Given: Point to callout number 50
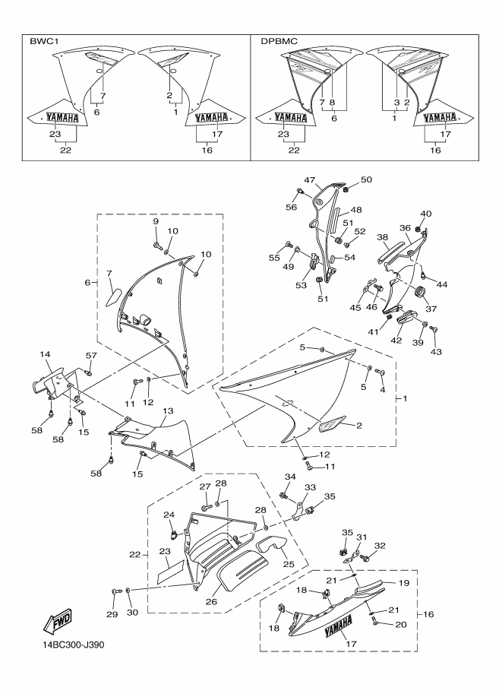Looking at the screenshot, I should pyautogui.click(x=367, y=180).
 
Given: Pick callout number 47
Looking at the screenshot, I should pyautogui.click(x=310, y=180).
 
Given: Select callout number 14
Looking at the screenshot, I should pyautogui.click(x=45, y=355).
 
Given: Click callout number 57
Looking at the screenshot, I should pyautogui.click(x=91, y=356).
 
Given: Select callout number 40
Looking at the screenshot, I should pyautogui.click(x=426, y=214).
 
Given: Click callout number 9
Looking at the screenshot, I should pyautogui.click(x=156, y=220).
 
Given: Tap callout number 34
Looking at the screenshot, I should pyautogui.click(x=289, y=477).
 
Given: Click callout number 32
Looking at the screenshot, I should pyautogui.click(x=380, y=546).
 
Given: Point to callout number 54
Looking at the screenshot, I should pyautogui.click(x=350, y=258).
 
